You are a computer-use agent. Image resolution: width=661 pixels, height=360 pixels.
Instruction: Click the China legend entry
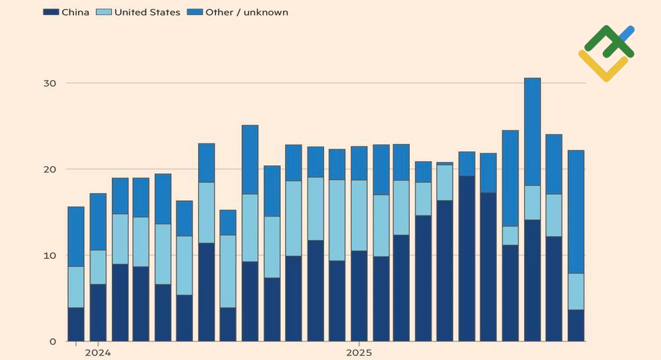[66, 12]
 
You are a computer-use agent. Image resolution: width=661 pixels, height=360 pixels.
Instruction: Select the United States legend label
[147, 12]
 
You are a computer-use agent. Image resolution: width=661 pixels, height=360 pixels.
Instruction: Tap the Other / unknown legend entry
[247, 12]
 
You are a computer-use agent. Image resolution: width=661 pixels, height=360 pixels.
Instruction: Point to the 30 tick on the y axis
[51, 83]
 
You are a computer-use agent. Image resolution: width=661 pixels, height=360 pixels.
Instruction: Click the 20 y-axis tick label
[51, 169]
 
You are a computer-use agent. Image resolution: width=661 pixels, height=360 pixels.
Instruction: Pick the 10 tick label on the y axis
[51, 256]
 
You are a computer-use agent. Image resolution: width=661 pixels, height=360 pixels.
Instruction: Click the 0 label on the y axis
[54, 342]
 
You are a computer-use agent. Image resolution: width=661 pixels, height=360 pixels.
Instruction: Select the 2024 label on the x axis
[98, 353]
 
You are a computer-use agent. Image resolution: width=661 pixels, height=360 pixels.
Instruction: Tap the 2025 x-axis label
[358, 353]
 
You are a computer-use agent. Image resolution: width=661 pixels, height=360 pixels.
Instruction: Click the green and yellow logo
[607, 53]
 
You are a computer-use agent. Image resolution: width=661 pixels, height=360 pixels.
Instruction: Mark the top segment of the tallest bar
[532, 131]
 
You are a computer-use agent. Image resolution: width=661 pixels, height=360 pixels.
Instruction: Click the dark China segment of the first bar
[76, 324]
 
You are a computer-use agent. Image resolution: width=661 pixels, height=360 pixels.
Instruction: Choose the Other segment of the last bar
[576, 211]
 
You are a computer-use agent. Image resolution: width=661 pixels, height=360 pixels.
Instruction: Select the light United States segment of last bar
[576, 291]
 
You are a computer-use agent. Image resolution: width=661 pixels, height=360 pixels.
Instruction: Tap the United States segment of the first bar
[76, 287]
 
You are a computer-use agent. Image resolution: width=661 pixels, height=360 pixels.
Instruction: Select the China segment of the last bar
[576, 325]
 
